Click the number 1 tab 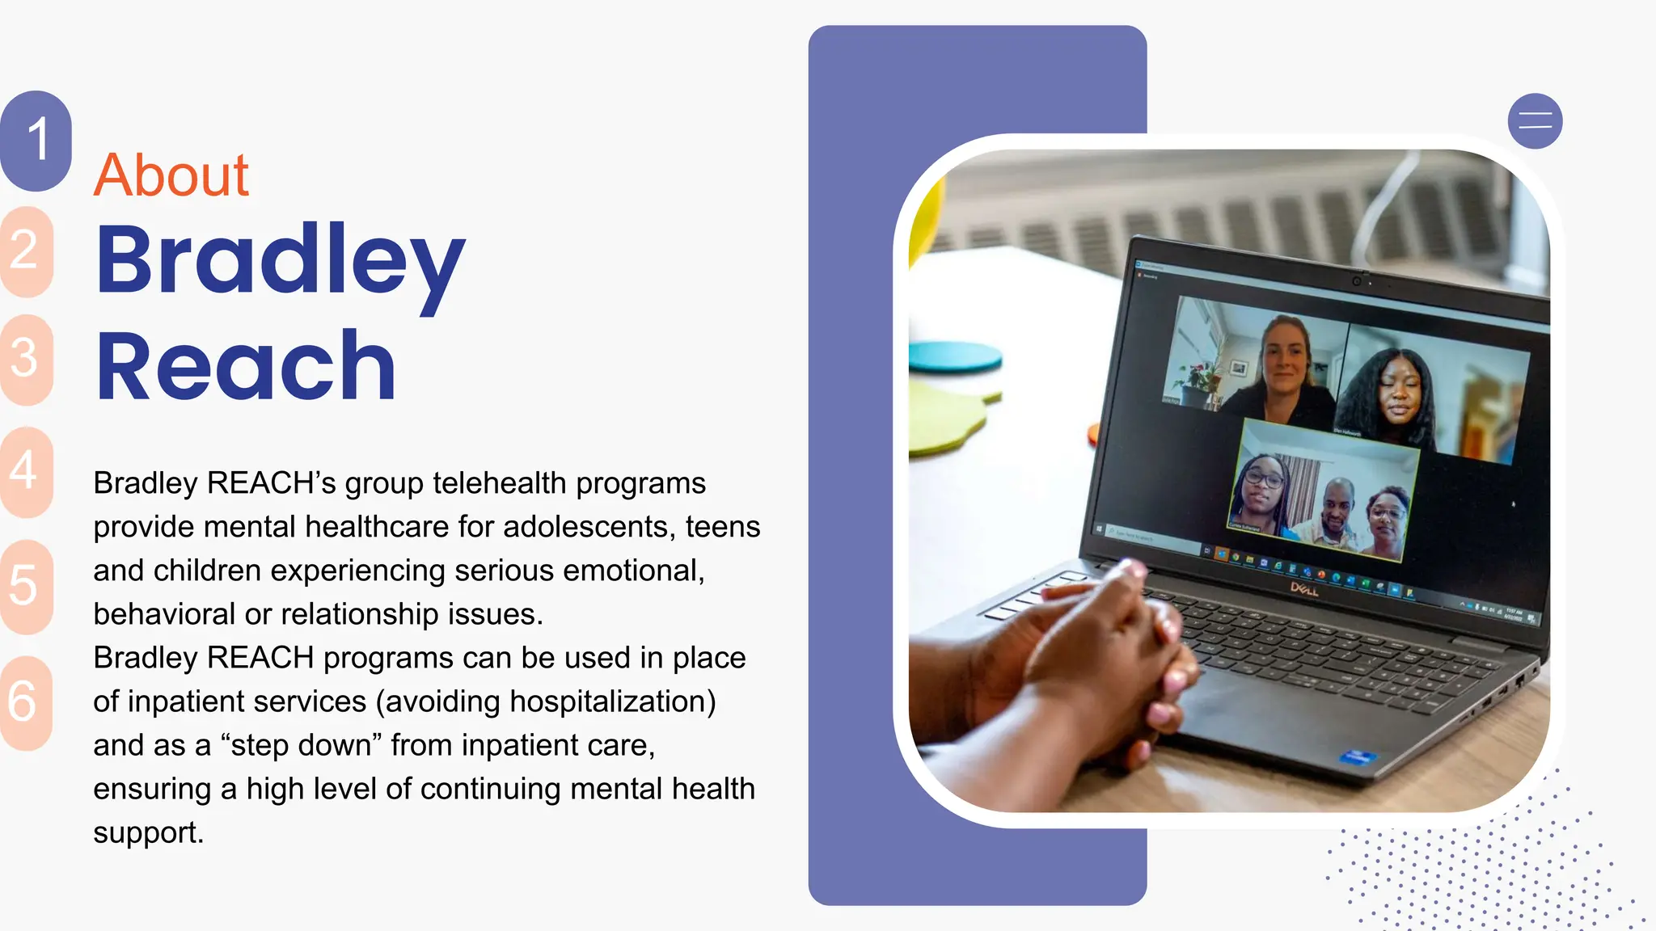click(x=36, y=140)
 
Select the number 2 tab click(x=25, y=251)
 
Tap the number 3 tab click(x=25, y=358)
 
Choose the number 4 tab click(x=25, y=471)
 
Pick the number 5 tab click(x=25, y=586)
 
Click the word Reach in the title click(x=246, y=367)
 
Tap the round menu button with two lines click(x=1535, y=122)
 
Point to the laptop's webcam click(x=1356, y=280)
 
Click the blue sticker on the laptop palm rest click(x=1357, y=757)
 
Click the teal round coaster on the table click(x=954, y=356)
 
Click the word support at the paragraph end click(x=147, y=833)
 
